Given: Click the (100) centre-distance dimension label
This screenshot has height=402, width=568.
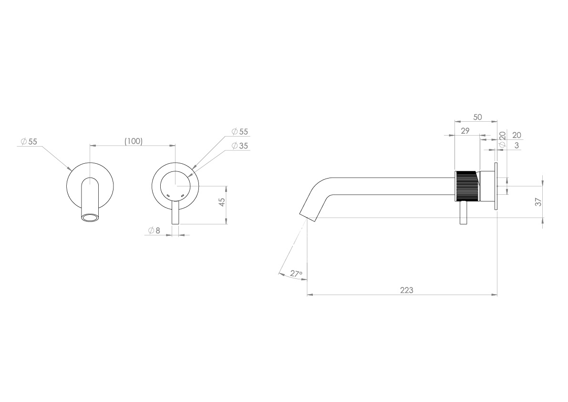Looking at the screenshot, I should pyautogui.click(x=133, y=141).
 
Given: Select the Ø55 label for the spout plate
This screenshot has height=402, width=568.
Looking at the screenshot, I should pyautogui.click(x=29, y=141).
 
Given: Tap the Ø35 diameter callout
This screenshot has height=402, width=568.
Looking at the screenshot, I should pyautogui.click(x=240, y=146).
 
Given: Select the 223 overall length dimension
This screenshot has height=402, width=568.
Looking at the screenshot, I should pyautogui.click(x=406, y=290).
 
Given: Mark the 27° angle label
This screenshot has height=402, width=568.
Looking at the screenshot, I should pyautogui.click(x=296, y=274).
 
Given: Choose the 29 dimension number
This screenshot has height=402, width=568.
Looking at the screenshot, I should pyautogui.click(x=465, y=131).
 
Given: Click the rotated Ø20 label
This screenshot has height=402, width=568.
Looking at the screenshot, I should pyautogui.click(x=502, y=139).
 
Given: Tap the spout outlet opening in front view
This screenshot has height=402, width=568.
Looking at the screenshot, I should pyautogui.click(x=89, y=218).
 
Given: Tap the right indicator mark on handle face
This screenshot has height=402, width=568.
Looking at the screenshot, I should pyautogui.click(x=183, y=195).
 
